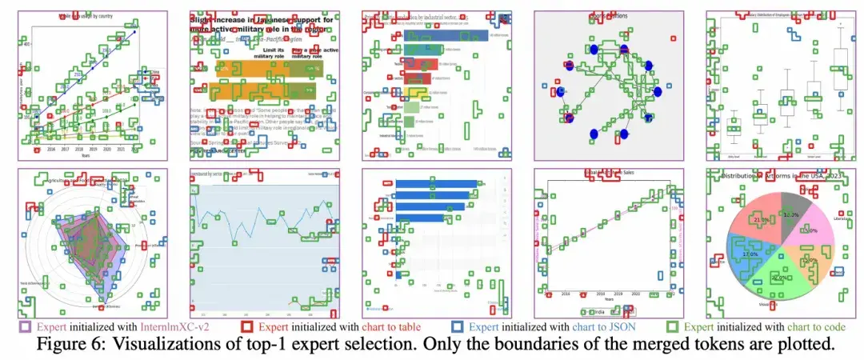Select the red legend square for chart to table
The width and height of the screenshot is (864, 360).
pyautogui.click(x=249, y=326)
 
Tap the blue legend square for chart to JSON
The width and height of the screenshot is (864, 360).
pyautogui.click(x=458, y=326)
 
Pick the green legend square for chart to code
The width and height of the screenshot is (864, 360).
pyautogui.click(x=674, y=326)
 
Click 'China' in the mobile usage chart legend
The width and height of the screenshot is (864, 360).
pyautogui.click(x=152, y=71)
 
